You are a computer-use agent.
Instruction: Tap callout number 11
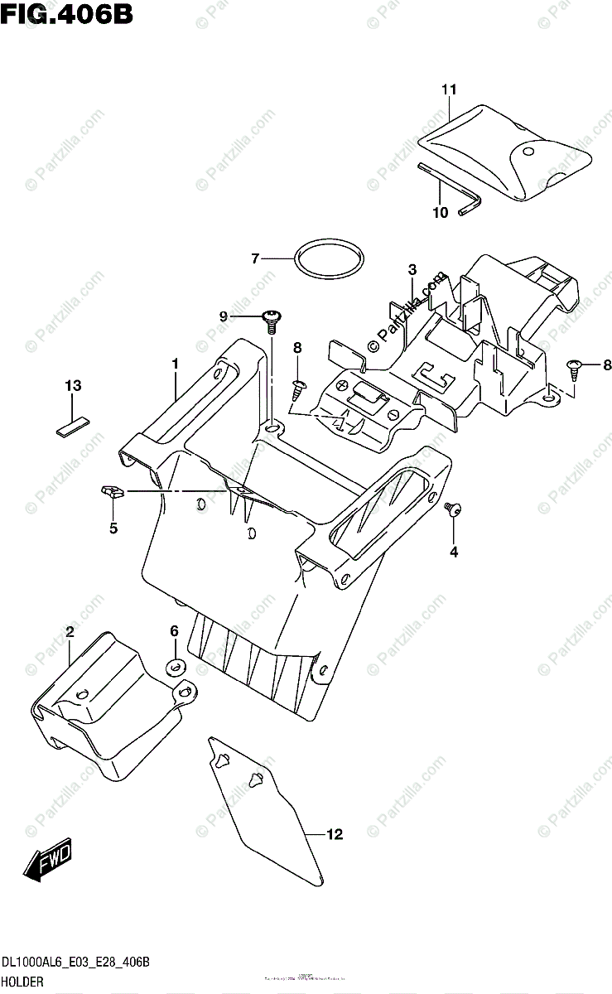(449, 89)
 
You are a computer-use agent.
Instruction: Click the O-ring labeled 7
(328, 259)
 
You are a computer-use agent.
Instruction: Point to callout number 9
(224, 316)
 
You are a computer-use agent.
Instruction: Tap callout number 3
(412, 269)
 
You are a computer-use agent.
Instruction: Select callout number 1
(176, 364)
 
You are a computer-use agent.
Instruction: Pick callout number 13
(74, 385)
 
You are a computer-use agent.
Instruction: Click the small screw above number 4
(452, 509)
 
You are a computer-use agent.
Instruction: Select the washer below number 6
(176, 666)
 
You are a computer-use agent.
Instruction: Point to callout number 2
(70, 632)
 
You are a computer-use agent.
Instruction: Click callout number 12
(334, 835)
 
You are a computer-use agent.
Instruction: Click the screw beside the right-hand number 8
(572, 364)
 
